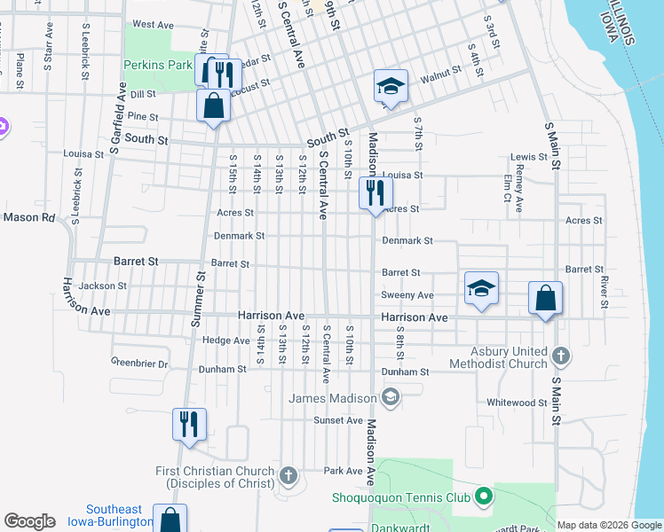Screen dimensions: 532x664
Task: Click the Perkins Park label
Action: tap(158, 65)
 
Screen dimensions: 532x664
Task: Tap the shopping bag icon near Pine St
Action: tap(214, 106)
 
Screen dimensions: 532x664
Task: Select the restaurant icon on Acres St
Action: tap(375, 192)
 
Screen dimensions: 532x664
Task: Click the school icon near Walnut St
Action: tap(391, 86)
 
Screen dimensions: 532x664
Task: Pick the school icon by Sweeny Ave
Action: tap(481, 288)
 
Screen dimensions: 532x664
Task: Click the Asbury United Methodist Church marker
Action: tap(560, 356)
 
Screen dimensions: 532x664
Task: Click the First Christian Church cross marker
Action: tap(288, 476)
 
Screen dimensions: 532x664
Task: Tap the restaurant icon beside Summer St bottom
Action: tap(189, 424)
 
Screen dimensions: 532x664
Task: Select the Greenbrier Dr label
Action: tap(138, 363)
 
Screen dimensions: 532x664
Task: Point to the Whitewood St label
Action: tap(517, 403)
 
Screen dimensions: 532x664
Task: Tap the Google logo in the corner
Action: tap(29, 521)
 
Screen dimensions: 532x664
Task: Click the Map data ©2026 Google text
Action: tap(609, 525)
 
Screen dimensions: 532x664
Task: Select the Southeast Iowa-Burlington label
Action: tap(114, 515)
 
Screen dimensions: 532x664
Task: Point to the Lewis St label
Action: tap(529, 157)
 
